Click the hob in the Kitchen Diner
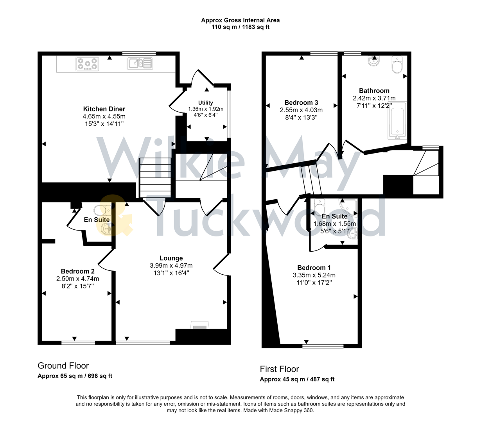87,64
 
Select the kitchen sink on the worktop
140,63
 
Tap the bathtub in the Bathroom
397,121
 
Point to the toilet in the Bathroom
397,65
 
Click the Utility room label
205,103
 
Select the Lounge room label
171,258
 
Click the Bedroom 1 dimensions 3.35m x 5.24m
314,275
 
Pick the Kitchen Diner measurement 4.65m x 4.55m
104,116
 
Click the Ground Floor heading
63,366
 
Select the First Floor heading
279,369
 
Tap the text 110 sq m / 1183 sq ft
240,27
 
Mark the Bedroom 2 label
77,271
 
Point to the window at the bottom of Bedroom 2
78,343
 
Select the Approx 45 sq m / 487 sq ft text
297,379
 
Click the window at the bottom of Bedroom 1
323,346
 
